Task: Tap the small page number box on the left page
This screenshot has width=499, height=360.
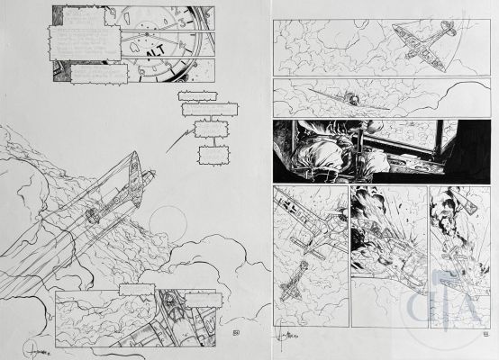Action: pos(236,334)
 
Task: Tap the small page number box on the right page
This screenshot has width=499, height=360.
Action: pos(486,333)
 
